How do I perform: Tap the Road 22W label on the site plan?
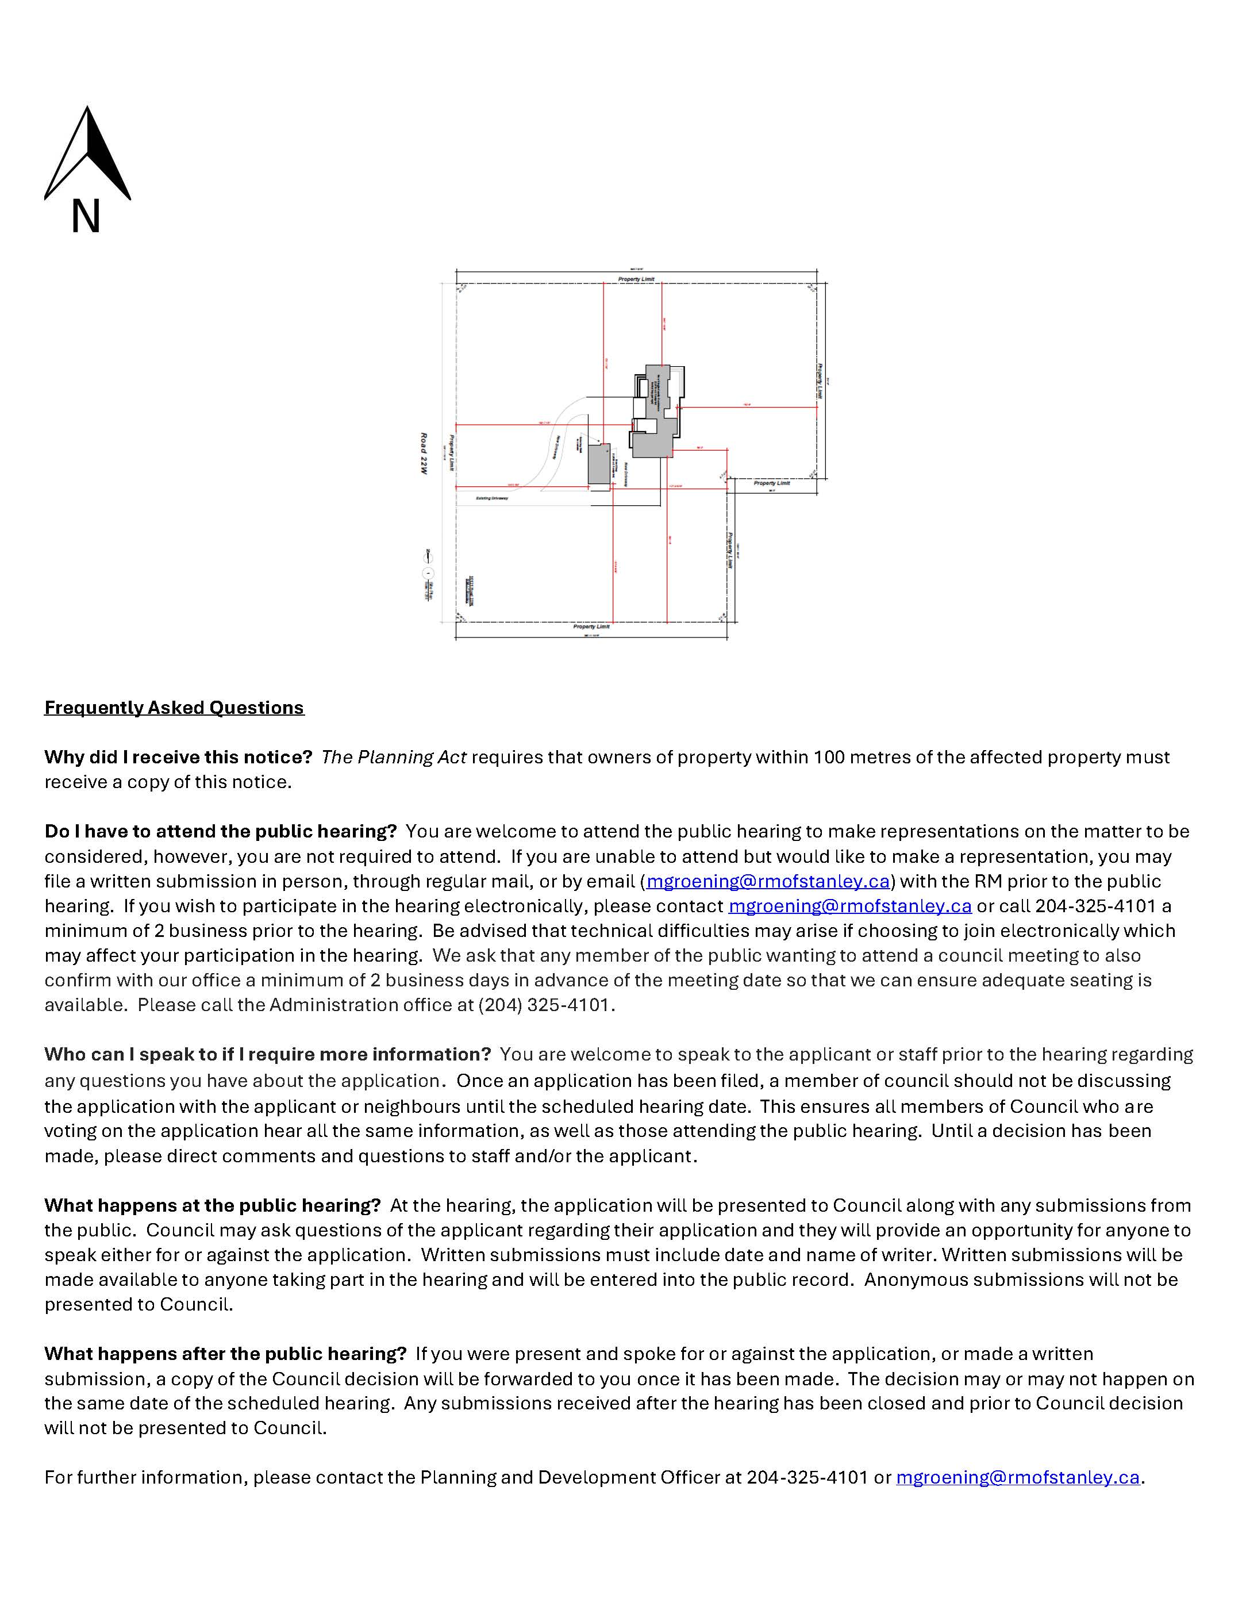coord(424,453)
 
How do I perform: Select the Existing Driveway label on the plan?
coord(492,498)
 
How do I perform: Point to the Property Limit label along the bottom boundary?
coord(592,627)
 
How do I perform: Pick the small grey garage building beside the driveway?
coord(598,463)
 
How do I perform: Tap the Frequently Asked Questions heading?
coord(174,708)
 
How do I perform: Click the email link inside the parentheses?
coord(768,881)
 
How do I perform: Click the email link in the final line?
coord(1017,1477)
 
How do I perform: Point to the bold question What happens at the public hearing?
coord(213,1205)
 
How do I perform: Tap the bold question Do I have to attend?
coord(221,832)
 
